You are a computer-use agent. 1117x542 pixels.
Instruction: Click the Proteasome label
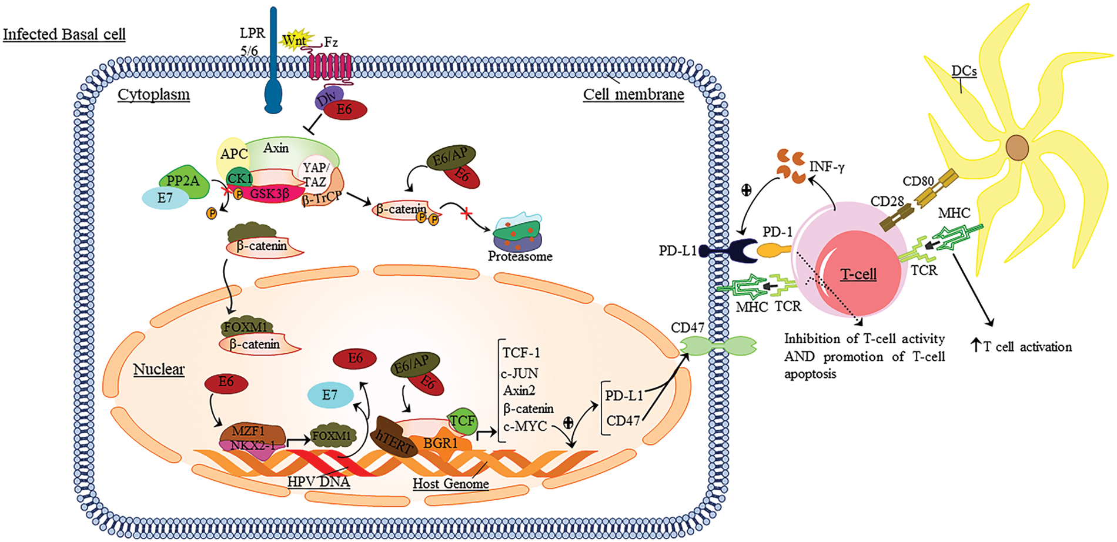tap(520, 256)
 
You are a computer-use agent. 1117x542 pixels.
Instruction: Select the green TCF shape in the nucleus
tap(462, 421)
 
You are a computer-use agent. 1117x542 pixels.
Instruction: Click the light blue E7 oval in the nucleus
tap(330, 395)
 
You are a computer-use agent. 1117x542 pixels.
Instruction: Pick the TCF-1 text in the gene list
tap(521, 353)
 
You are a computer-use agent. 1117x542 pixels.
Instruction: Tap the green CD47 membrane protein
tap(718, 346)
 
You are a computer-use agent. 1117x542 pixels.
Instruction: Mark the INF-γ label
tap(827, 168)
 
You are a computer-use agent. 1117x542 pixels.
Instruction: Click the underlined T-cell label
tap(858, 274)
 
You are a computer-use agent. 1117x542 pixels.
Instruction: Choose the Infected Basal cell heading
tap(64, 35)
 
